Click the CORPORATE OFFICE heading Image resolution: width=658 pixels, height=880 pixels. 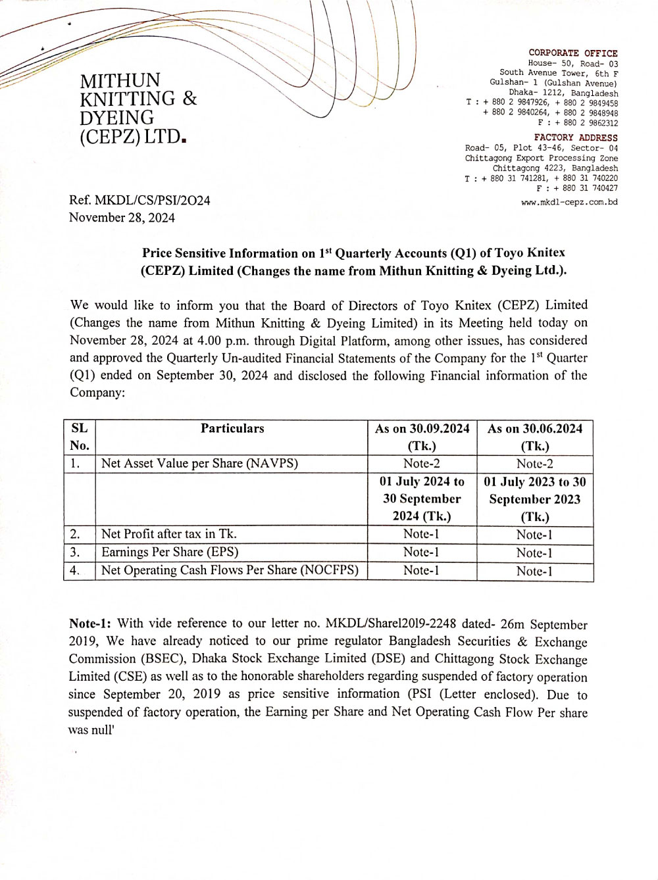tap(572, 53)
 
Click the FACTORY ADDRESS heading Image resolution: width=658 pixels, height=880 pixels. tap(576, 137)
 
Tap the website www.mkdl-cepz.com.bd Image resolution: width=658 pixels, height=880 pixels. tap(569, 202)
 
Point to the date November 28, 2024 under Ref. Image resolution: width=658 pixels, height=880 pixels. tap(122, 218)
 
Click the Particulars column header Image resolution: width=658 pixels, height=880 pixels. tap(232, 429)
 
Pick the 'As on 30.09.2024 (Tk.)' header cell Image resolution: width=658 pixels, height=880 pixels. tap(422, 437)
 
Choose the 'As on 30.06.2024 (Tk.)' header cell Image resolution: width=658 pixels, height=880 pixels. tap(535, 437)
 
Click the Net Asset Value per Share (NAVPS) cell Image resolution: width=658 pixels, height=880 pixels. tap(199, 464)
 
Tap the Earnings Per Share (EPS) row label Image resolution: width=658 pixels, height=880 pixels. tap(170, 552)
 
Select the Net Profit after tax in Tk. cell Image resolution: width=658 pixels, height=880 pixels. tap(168, 534)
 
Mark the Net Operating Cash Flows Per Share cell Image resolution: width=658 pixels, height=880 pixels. tap(230, 570)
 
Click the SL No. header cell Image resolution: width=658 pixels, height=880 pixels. tap(80, 437)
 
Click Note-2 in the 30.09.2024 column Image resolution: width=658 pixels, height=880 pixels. tap(421, 464)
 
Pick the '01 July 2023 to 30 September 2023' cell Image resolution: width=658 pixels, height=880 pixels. tap(535, 499)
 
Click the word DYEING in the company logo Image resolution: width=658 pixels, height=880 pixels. tap(116, 118)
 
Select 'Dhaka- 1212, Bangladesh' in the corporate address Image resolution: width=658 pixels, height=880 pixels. tap(563, 93)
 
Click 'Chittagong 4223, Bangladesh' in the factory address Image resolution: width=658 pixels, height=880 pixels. tap(555, 168)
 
